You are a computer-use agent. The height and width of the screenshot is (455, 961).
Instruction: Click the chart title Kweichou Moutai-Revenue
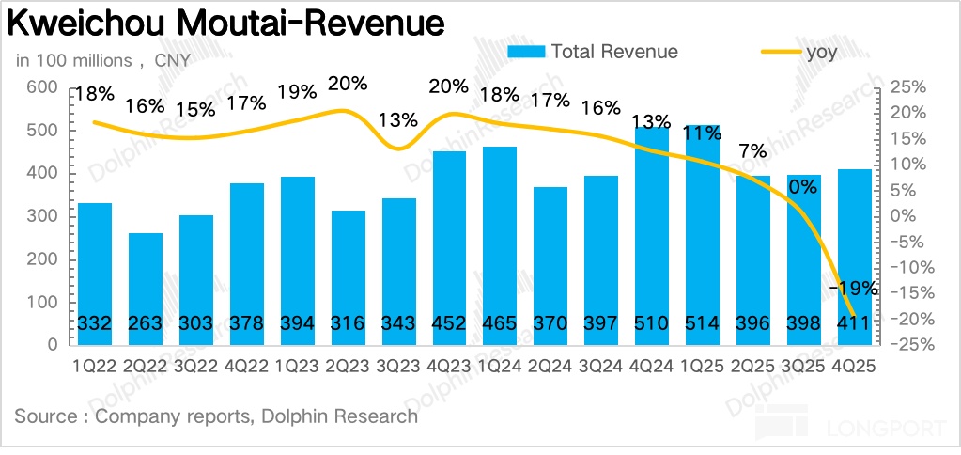coord(225,23)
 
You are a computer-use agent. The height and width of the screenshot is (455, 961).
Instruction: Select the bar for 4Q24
coord(652,235)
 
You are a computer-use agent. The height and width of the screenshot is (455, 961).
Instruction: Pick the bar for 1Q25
coord(703,235)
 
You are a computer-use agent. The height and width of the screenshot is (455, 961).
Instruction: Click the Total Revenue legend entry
coord(593,51)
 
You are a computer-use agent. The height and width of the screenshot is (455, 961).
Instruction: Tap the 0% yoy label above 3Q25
coord(803,187)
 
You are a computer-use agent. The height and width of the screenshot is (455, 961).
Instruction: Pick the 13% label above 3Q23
coord(398,120)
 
